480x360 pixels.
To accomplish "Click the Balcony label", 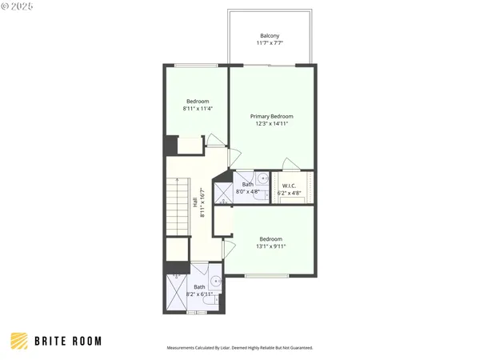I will (270, 35).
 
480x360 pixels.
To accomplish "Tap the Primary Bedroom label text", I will (270, 116).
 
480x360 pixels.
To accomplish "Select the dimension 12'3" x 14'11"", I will (270, 124).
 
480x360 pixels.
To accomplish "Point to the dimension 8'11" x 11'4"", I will (198, 109).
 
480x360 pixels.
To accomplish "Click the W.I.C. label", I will (290, 186).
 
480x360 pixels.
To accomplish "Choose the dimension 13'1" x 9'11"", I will (270, 246).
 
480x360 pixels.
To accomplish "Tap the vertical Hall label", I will (195, 203).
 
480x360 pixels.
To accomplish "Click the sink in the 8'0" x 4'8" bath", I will (262, 178).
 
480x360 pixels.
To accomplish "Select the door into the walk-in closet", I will (292, 165).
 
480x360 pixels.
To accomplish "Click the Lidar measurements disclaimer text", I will (239, 348).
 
